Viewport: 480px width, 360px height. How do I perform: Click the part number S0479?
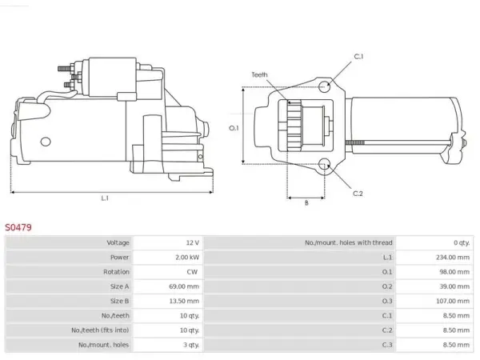pos(18,227)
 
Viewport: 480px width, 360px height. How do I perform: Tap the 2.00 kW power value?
pos(187,258)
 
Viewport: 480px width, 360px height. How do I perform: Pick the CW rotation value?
pos(192,272)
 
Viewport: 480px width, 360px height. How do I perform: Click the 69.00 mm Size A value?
pos(184,286)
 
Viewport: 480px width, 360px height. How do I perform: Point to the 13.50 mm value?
pos(184,302)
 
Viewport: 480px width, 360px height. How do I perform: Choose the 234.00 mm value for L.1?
pos(453,258)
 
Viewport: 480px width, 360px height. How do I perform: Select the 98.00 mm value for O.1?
pos(454,272)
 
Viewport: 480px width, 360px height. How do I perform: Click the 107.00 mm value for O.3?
pos(453,302)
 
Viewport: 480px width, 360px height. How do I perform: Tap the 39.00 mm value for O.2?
pos(454,286)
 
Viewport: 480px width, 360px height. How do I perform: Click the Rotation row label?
pos(116,272)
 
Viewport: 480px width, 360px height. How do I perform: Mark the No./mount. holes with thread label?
pos(348,242)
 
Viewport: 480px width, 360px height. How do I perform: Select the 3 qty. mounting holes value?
pos(191,345)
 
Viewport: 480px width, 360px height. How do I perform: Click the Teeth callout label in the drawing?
pos(259,74)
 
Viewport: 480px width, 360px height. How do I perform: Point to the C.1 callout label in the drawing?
pos(358,57)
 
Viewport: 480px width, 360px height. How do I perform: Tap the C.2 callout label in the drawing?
pos(358,194)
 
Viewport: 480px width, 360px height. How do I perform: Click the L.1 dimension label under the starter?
pos(105,198)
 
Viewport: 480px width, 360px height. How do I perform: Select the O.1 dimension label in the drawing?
pos(234,128)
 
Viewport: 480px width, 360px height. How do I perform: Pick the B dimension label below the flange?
pos(306,202)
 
